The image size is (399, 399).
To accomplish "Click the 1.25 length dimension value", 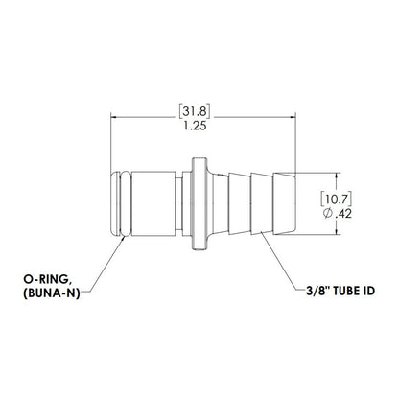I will pos(199,124).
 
